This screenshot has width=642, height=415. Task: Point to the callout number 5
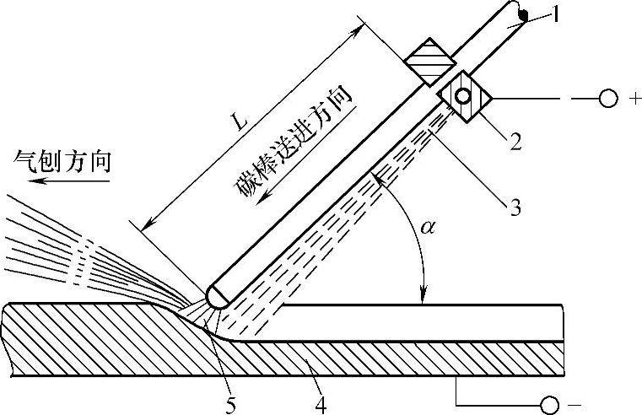tap(230, 403)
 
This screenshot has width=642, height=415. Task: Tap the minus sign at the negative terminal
tap(575, 404)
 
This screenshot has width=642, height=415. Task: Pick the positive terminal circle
tap(607, 100)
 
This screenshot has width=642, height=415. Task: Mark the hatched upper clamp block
tap(429, 61)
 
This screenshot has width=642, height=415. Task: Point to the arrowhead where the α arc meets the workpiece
tap(423, 296)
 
